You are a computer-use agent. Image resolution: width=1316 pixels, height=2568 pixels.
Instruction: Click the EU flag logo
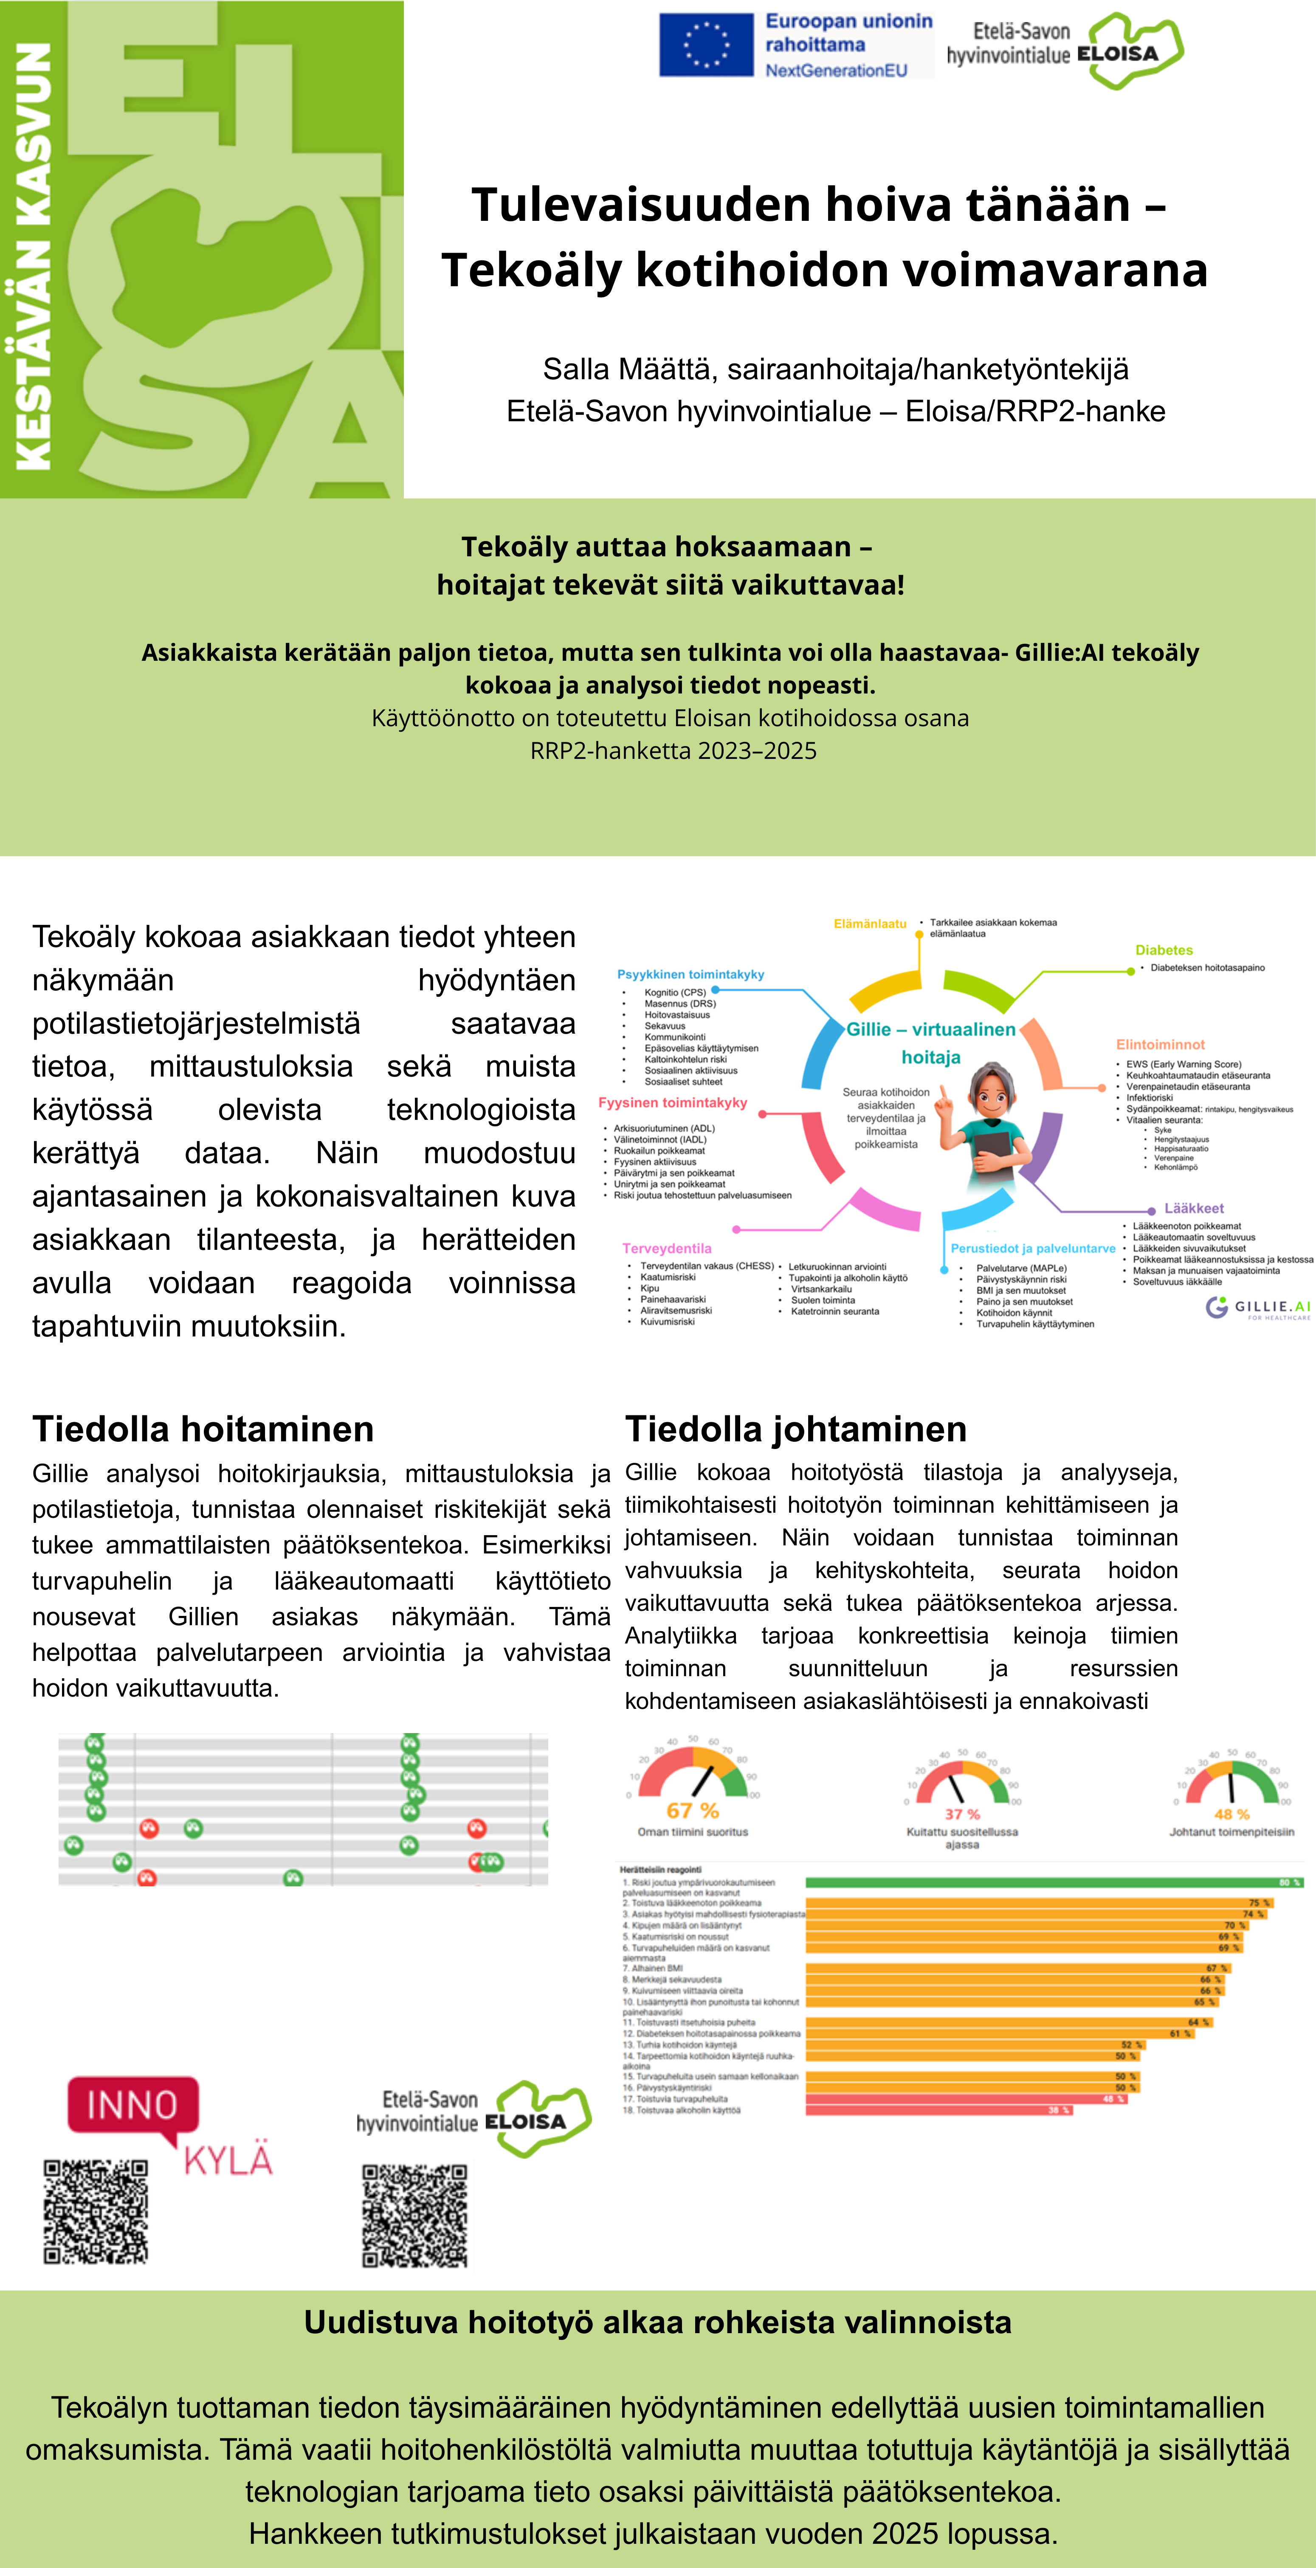(706, 45)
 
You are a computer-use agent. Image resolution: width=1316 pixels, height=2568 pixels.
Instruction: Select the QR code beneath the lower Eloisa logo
(415, 2215)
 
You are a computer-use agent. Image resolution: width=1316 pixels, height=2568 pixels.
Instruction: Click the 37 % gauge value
(962, 1813)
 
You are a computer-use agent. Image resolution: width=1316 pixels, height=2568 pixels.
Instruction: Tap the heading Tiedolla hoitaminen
(203, 1429)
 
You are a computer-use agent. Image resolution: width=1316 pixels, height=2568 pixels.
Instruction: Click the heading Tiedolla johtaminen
(795, 1429)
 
